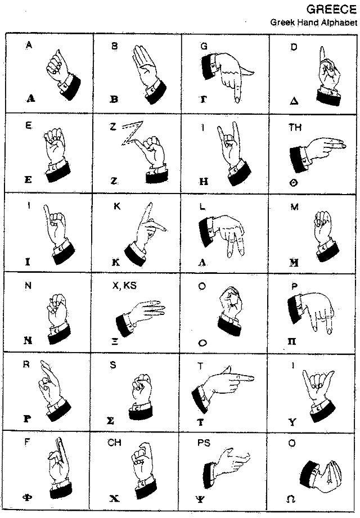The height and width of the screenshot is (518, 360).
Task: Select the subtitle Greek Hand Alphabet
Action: pyautogui.click(x=313, y=23)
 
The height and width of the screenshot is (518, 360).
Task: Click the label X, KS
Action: pyautogui.click(x=124, y=286)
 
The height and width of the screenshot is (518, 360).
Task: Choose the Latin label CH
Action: pyautogui.click(x=115, y=443)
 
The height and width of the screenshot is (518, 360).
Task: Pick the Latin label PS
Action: pyautogui.click(x=204, y=443)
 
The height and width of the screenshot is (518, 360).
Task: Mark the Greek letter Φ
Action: pyautogui.click(x=27, y=497)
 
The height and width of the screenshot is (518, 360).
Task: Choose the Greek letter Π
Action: pyautogui.click(x=292, y=341)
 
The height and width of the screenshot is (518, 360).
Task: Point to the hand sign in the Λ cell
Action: pyautogui.click(x=225, y=233)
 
